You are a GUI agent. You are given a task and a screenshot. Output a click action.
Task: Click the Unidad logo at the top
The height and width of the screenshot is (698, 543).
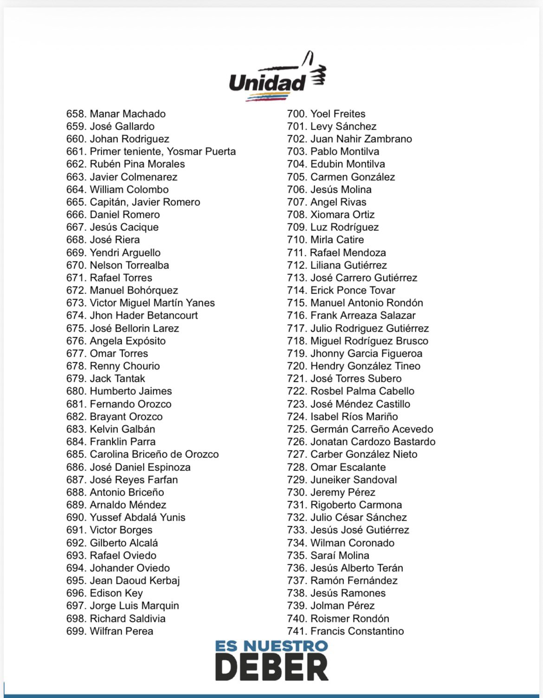(278, 78)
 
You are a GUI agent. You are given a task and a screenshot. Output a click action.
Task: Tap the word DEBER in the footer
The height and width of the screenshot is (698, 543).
(271, 667)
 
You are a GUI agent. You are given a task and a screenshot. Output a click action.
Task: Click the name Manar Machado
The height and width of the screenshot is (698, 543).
(128, 114)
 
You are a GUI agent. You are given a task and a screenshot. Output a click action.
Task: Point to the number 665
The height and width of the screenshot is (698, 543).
(76, 202)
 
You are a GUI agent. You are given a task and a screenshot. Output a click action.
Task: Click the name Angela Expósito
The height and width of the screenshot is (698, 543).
(128, 341)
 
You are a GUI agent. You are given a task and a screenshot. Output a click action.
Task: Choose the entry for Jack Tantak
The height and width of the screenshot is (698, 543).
(117, 378)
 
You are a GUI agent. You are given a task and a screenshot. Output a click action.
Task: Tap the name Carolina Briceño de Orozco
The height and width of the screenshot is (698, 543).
(154, 454)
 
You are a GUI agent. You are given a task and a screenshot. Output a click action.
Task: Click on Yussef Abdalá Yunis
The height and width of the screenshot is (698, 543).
(137, 517)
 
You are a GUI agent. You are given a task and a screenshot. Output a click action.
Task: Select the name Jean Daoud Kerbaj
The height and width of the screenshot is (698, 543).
(135, 581)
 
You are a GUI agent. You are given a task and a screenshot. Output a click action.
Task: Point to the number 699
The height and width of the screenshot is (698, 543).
(76, 631)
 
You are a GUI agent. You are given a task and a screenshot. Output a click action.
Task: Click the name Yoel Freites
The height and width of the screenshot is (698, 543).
(338, 114)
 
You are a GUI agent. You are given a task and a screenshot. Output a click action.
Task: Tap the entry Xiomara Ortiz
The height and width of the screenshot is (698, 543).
(343, 215)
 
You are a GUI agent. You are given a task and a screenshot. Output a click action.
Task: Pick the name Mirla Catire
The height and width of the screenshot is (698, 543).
(337, 240)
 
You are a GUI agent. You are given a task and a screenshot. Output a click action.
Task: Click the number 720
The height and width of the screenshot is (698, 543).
(297, 366)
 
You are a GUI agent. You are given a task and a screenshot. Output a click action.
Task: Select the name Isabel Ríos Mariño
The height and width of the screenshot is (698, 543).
(354, 417)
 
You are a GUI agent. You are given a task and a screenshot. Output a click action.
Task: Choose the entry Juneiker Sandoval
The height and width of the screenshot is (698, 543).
(354, 480)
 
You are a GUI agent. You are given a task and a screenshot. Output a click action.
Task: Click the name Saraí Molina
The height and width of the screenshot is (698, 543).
(340, 555)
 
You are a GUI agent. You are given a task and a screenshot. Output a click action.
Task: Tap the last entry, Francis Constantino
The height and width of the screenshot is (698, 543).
(357, 631)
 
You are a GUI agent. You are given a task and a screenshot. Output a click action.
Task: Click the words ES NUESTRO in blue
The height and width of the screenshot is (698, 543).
(271, 646)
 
